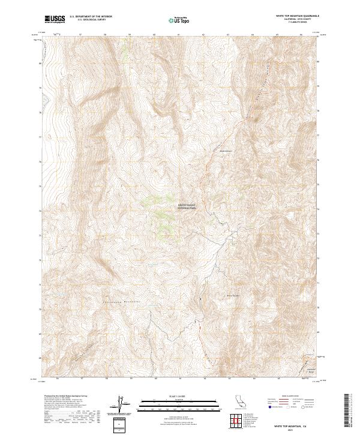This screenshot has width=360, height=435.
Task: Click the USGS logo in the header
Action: click(55, 20)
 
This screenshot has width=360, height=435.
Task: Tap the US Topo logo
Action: click(180, 20)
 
